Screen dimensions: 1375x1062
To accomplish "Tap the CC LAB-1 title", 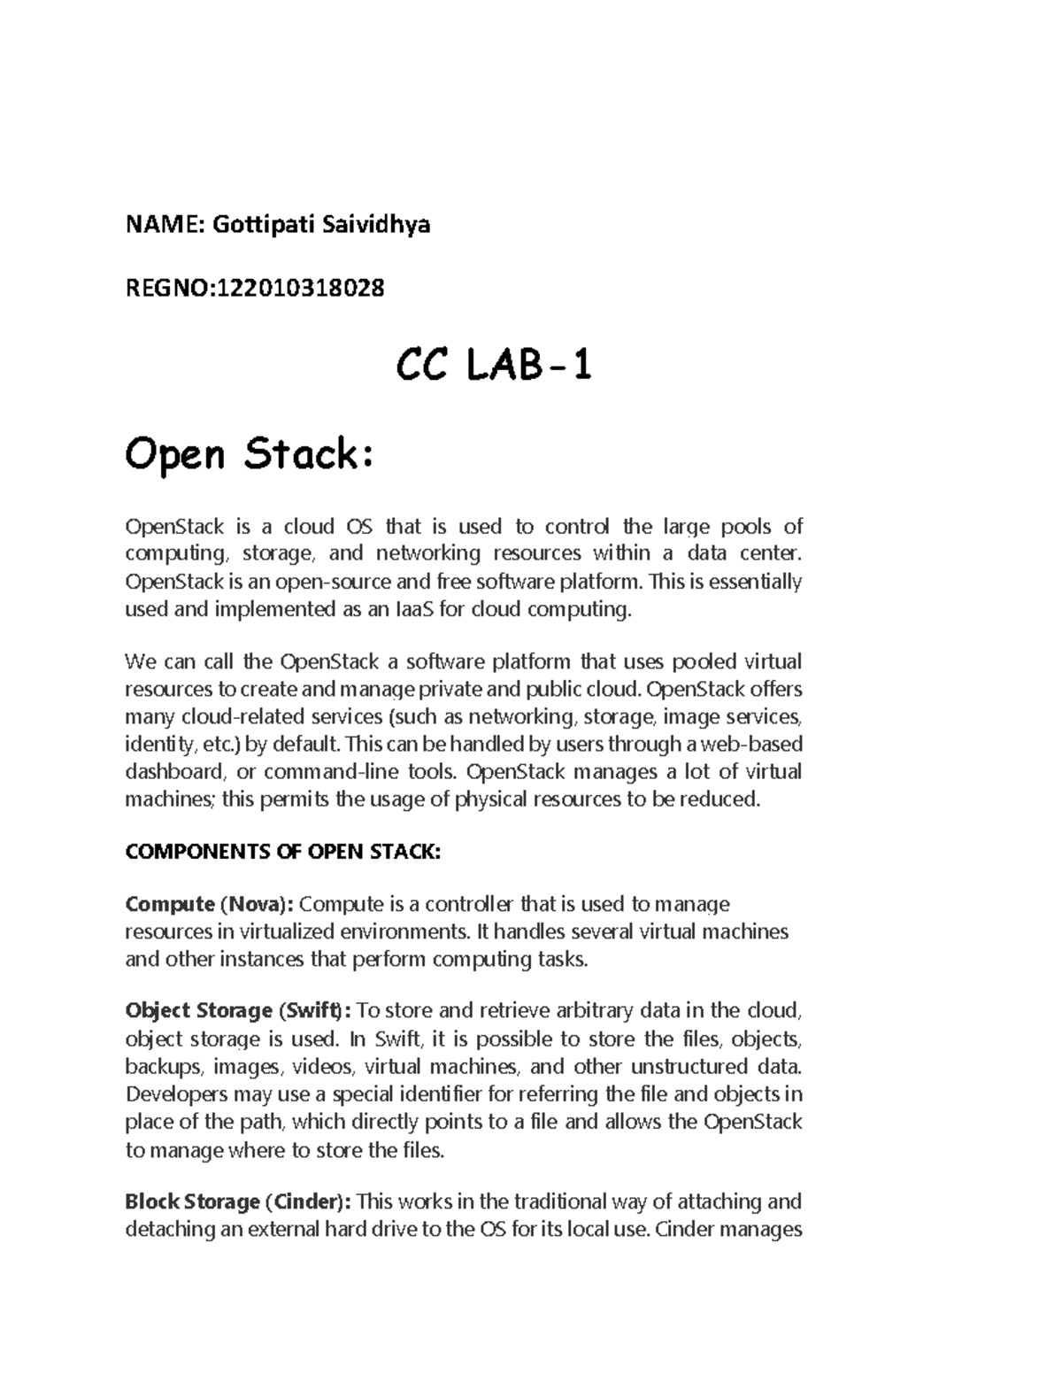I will pyautogui.click(x=493, y=365).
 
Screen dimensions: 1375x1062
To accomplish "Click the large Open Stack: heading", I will pyautogui.click(x=250, y=455).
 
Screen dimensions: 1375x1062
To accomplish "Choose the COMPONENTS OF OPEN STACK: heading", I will pyautogui.click(x=282, y=852).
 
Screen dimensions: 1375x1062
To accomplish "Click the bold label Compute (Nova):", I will pyautogui.click(x=209, y=904).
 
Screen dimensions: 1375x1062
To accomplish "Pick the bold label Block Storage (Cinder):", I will pyautogui.click(x=238, y=1201).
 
